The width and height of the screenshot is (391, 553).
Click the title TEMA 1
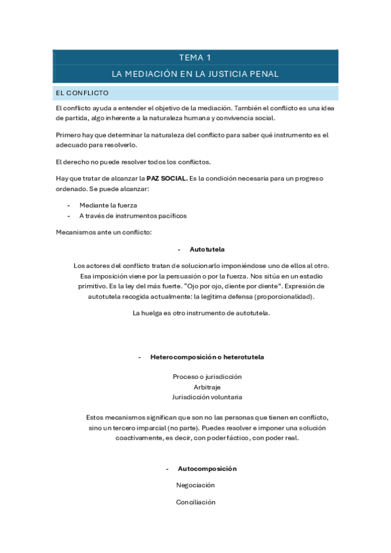(x=195, y=57)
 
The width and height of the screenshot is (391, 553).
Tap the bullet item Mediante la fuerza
(x=109, y=205)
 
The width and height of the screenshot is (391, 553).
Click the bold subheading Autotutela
(x=207, y=250)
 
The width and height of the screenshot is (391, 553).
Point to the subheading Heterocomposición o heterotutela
(x=207, y=357)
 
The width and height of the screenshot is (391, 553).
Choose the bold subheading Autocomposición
(x=207, y=469)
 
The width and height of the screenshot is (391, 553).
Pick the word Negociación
(x=195, y=485)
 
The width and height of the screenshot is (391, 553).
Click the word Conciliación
(x=195, y=502)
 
